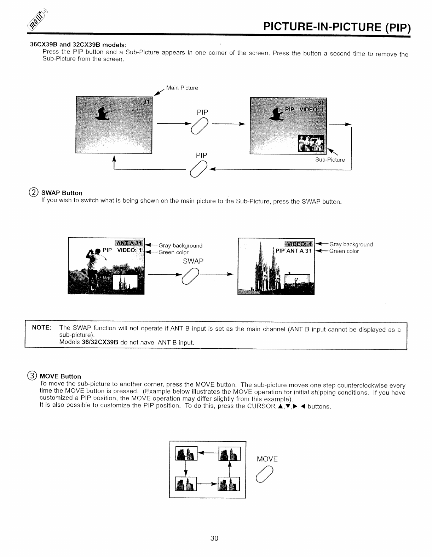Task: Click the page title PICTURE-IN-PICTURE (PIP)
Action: pyautogui.click(x=336, y=27)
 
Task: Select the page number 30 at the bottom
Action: pyautogui.click(x=214, y=538)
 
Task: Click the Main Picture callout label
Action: pyautogui.click(x=182, y=88)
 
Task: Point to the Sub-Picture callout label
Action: pyautogui.click(x=330, y=160)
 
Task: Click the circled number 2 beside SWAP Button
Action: pyautogui.click(x=34, y=193)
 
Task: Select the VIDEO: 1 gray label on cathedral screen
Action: pyautogui.click(x=299, y=244)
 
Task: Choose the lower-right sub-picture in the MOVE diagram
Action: pyautogui.click(x=230, y=484)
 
